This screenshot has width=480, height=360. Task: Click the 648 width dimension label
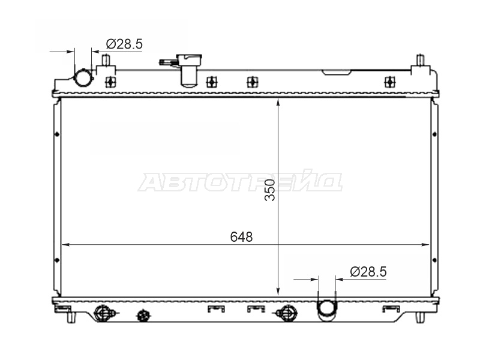tap(241, 237)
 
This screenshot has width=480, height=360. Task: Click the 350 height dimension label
tap(270, 190)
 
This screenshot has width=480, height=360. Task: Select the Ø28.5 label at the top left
tap(124, 44)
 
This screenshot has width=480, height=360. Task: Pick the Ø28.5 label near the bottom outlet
tap(368, 272)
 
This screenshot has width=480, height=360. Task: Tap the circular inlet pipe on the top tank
tap(83, 78)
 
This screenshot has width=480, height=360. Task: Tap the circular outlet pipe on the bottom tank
tap(327, 310)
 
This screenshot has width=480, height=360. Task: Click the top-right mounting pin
tap(421, 60)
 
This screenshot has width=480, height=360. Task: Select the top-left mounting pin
tap(106, 60)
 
